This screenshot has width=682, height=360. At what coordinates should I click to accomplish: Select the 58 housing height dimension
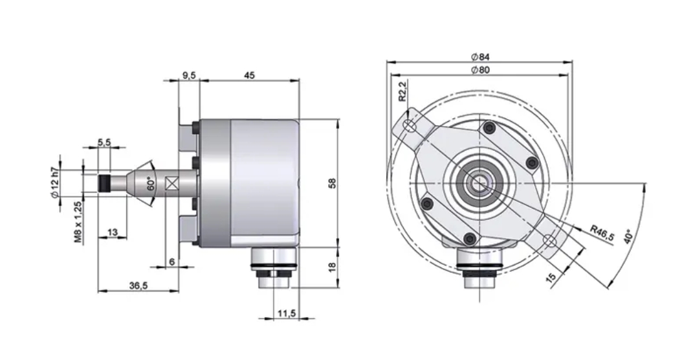coord(333,183)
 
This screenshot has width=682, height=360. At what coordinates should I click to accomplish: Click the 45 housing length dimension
coord(249,75)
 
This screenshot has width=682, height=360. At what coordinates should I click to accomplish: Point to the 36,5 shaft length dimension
coord(137,286)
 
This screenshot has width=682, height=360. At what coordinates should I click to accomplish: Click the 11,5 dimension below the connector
coord(286,313)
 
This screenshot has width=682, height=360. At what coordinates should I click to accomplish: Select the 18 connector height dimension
coord(333,267)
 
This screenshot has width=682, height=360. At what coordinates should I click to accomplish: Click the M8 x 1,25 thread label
coord(77,221)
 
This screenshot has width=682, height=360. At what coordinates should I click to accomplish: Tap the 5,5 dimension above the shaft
coord(104,142)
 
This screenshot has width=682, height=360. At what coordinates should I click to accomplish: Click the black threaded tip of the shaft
coord(104,183)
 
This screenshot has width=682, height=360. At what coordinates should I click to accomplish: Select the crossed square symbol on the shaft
coord(172,183)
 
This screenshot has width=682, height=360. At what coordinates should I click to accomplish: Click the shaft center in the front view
coord(479,183)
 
